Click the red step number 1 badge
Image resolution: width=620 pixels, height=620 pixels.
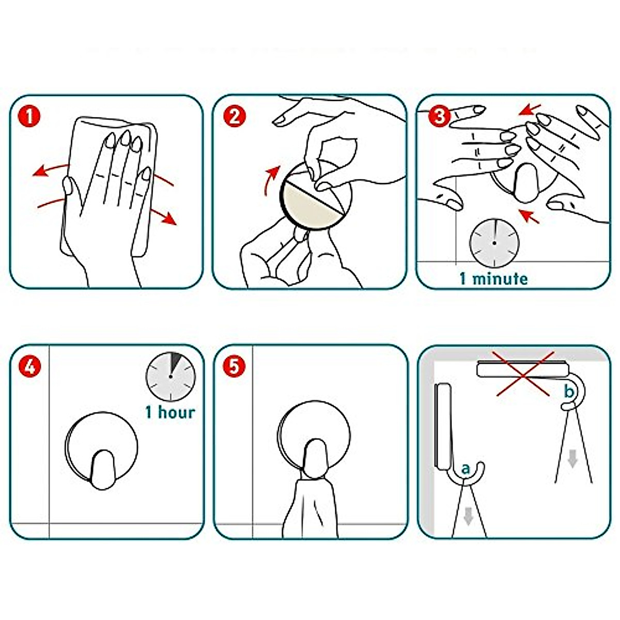point(29,116)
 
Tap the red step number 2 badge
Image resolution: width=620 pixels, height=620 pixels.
point(234,116)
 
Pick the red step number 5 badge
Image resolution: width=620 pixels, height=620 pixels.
point(234,366)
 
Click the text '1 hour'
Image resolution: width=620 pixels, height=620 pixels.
point(170,412)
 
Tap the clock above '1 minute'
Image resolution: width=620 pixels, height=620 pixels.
point(494,243)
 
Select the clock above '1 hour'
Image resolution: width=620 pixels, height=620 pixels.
point(171,377)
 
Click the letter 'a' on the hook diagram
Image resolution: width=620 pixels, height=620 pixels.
point(465,470)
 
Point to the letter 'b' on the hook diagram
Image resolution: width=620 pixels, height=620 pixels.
point(568,392)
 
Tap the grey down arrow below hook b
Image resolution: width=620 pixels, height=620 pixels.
point(572,459)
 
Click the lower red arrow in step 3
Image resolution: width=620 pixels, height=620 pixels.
point(529,216)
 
